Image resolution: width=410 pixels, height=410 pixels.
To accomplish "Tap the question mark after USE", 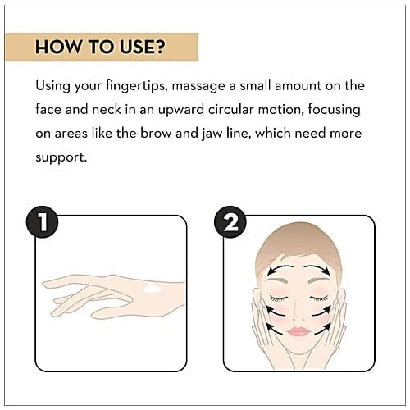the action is pos(160,47).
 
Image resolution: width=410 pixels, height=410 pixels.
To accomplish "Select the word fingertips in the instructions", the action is pos(137,86).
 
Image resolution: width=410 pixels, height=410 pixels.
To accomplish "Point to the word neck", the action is pos(107,110).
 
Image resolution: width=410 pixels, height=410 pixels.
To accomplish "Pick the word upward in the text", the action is pos(181,111).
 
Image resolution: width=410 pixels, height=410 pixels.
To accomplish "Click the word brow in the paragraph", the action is pos(156,134).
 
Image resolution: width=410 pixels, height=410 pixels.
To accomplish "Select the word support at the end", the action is pos(61,158).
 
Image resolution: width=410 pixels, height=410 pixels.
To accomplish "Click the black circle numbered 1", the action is pos(42,222).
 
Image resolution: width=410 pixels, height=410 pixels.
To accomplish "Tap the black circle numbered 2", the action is pos(230,222).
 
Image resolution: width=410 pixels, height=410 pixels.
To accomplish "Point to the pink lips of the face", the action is pos(298,331).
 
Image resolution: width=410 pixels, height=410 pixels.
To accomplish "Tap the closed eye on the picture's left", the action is pos(279,298).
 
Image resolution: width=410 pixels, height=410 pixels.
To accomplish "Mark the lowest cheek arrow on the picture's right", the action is pos(323,329).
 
